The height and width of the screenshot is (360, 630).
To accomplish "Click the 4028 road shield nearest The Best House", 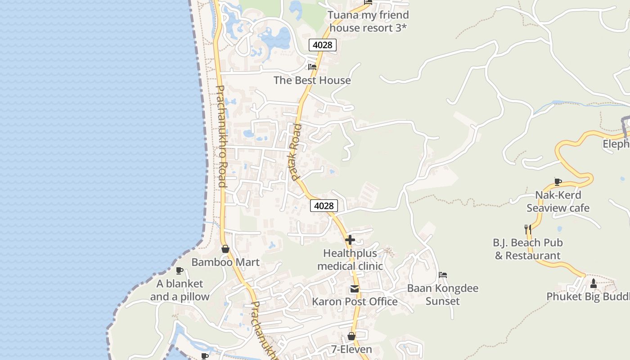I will (323, 45).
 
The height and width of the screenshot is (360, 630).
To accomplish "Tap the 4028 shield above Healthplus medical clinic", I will (324, 206).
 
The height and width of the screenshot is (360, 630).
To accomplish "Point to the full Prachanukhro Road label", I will (221, 136).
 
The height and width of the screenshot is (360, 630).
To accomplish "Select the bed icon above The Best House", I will (312, 67).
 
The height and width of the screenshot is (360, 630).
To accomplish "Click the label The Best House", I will (312, 81).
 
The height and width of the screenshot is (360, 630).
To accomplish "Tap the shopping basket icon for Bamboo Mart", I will (225, 249).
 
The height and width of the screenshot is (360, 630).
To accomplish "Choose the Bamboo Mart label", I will (225, 262).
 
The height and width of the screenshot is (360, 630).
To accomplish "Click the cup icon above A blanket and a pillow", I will (180, 270).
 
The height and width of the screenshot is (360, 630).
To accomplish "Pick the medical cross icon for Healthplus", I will (350, 240).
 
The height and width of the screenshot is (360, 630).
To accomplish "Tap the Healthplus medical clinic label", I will (350, 260).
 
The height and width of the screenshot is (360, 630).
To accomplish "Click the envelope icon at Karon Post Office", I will (355, 289).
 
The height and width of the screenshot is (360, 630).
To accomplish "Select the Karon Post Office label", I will (355, 301).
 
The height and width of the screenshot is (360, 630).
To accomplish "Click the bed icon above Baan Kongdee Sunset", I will (443, 275).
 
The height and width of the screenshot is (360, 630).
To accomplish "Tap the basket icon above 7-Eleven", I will (351, 336).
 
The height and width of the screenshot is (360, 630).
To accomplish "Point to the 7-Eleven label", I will (351, 350).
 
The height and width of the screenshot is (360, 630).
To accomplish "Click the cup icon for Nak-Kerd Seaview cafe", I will (558, 182).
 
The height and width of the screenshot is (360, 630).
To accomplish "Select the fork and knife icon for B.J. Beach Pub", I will (528, 229).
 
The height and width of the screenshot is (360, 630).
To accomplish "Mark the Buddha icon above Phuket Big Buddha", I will (593, 283).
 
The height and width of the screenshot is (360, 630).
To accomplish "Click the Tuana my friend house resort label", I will (368, 21).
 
